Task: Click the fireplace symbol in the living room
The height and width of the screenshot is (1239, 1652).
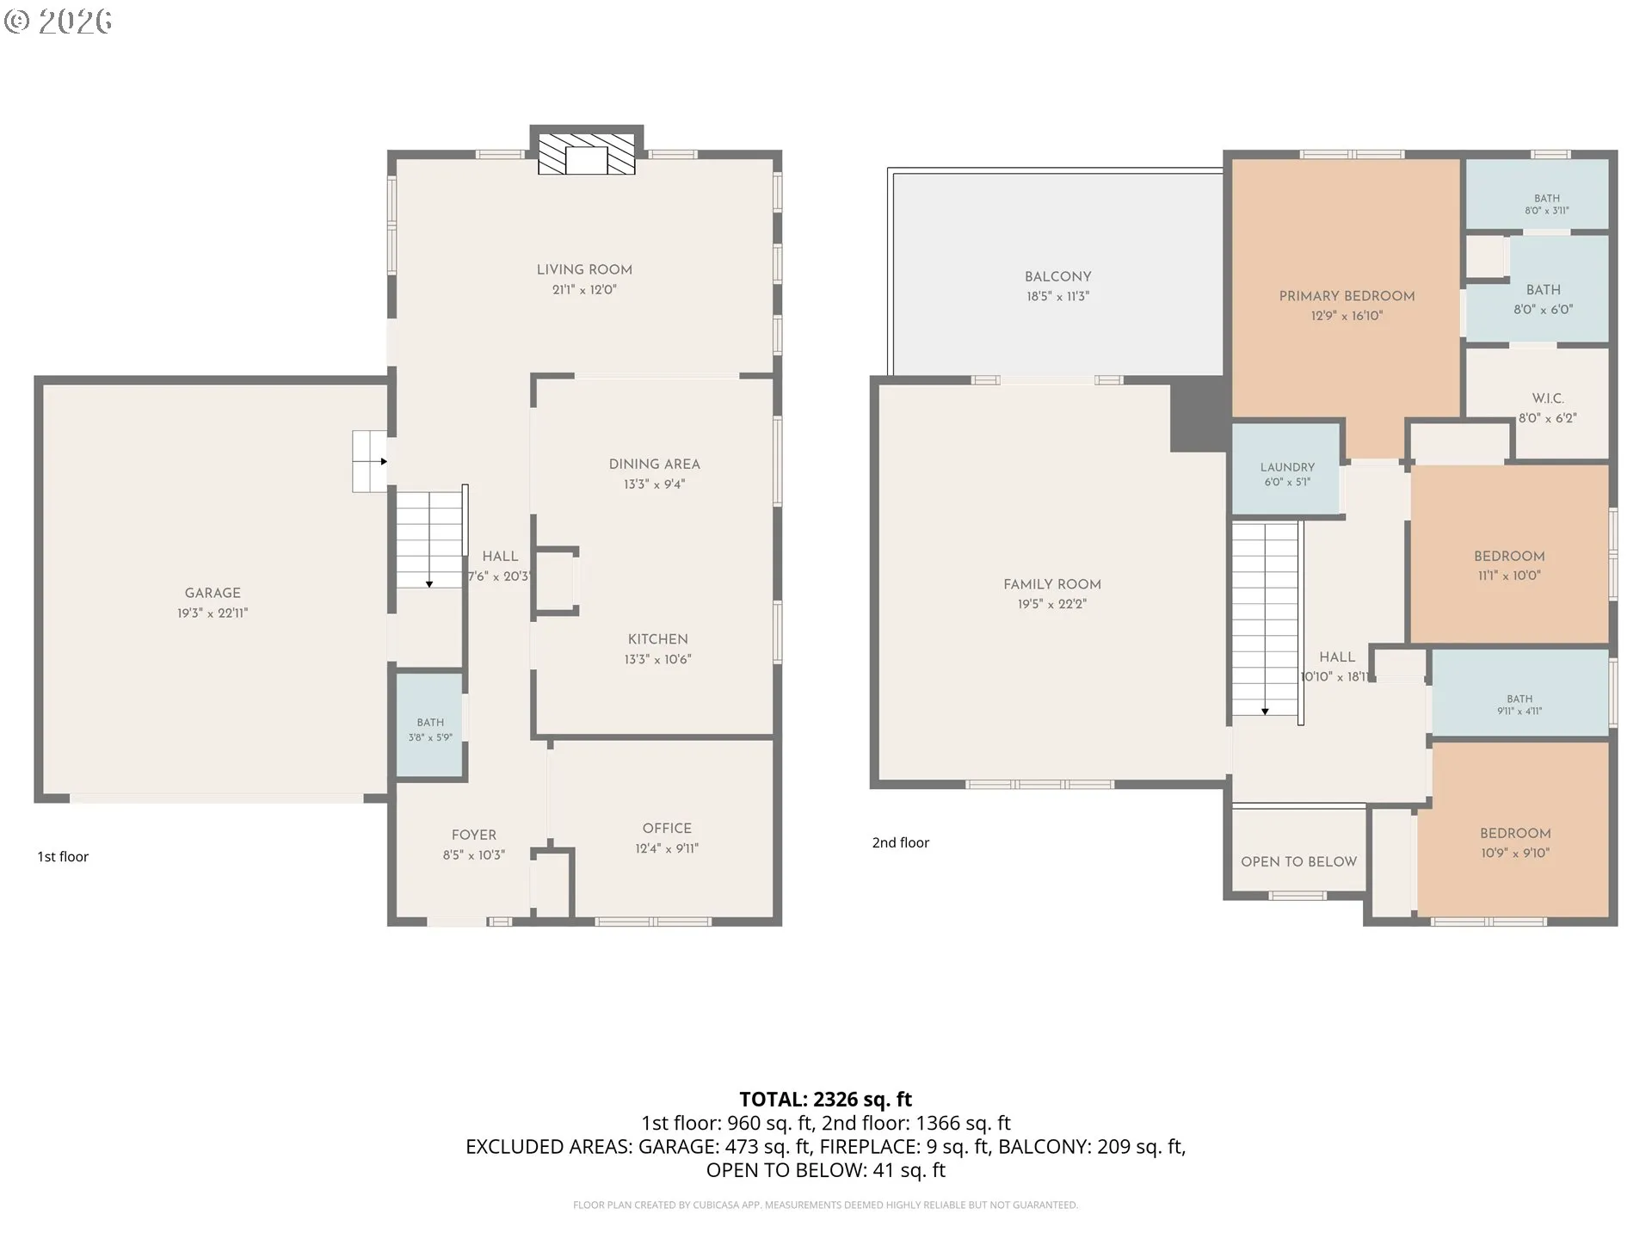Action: [586, 154]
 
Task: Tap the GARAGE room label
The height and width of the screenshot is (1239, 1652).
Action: [213, 593]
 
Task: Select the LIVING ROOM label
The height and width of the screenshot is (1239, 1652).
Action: [584, 269]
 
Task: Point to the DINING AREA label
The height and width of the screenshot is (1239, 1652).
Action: [654, 464]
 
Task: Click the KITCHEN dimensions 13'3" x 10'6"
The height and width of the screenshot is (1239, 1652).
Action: [657, 659]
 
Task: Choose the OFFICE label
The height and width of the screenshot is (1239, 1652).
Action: [667, 828]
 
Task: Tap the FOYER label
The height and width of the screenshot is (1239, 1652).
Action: [474, 835]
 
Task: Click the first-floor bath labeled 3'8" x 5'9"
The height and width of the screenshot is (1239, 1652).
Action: [430, 724]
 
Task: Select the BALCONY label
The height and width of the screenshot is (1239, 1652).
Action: [1057, 276]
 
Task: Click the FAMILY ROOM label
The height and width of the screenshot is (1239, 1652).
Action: [1052, 584]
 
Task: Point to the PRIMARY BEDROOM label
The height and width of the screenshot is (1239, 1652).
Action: [1347, 296]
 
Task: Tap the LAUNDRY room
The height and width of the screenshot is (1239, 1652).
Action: [1286, 469]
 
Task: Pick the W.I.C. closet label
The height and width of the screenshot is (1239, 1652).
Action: [1548, 398]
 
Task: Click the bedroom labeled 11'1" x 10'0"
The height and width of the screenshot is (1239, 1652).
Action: [1509, 554]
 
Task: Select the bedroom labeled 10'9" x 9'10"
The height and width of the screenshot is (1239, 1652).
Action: [1513, 829]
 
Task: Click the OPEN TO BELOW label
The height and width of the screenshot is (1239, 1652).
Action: [1298, 861]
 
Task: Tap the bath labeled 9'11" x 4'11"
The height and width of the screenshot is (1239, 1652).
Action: [1519, 693]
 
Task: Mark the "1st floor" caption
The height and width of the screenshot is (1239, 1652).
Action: [63, 856]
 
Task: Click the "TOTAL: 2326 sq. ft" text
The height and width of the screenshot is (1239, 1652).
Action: [826, 1099]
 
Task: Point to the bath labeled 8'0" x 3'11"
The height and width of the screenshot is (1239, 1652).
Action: [1537, 194]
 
